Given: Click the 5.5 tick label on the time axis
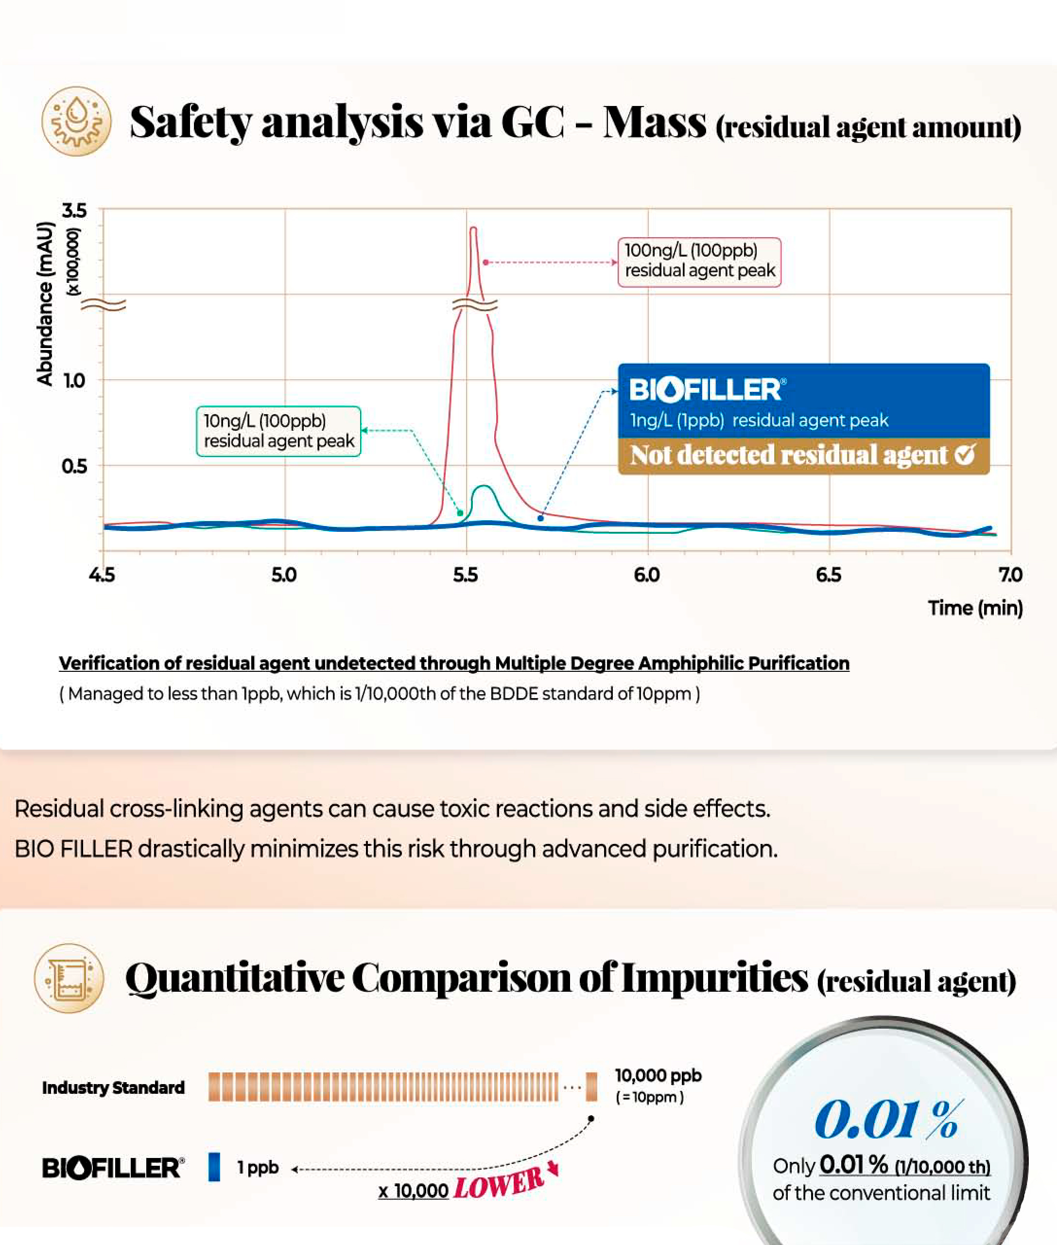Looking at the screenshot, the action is point(465,576).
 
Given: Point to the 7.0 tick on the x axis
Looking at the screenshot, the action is point(1010,576).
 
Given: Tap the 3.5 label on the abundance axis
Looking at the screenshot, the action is point(74,210).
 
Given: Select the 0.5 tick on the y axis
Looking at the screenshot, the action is point(74,466).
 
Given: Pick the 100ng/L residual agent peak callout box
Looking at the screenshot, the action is point(699,262).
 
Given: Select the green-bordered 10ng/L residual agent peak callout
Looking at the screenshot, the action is point(278,431).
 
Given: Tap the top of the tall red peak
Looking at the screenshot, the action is point(473,228).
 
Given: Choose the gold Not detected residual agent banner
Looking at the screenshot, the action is point(803,456).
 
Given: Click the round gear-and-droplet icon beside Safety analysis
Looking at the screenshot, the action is point(76,121).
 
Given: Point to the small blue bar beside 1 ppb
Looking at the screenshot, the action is point(214,1167).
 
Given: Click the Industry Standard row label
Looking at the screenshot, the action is point(113,1088).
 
